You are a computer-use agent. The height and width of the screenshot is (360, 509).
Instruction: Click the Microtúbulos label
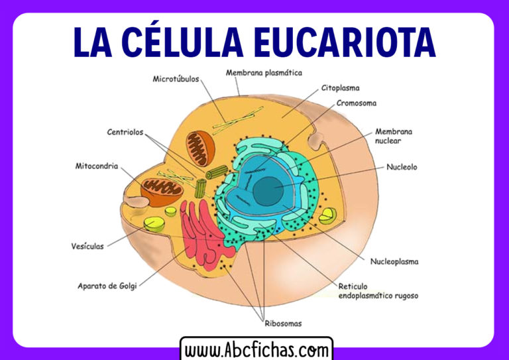(176, 80)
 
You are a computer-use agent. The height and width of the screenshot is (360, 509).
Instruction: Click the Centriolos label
(125, 132)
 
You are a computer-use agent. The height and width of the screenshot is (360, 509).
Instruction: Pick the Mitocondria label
(97, 166)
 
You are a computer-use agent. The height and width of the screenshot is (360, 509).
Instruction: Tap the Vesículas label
(87, 246)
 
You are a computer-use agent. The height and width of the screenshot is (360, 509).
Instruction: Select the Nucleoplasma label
(394, 261)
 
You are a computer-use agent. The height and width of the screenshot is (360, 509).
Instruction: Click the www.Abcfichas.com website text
(256, 349)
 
